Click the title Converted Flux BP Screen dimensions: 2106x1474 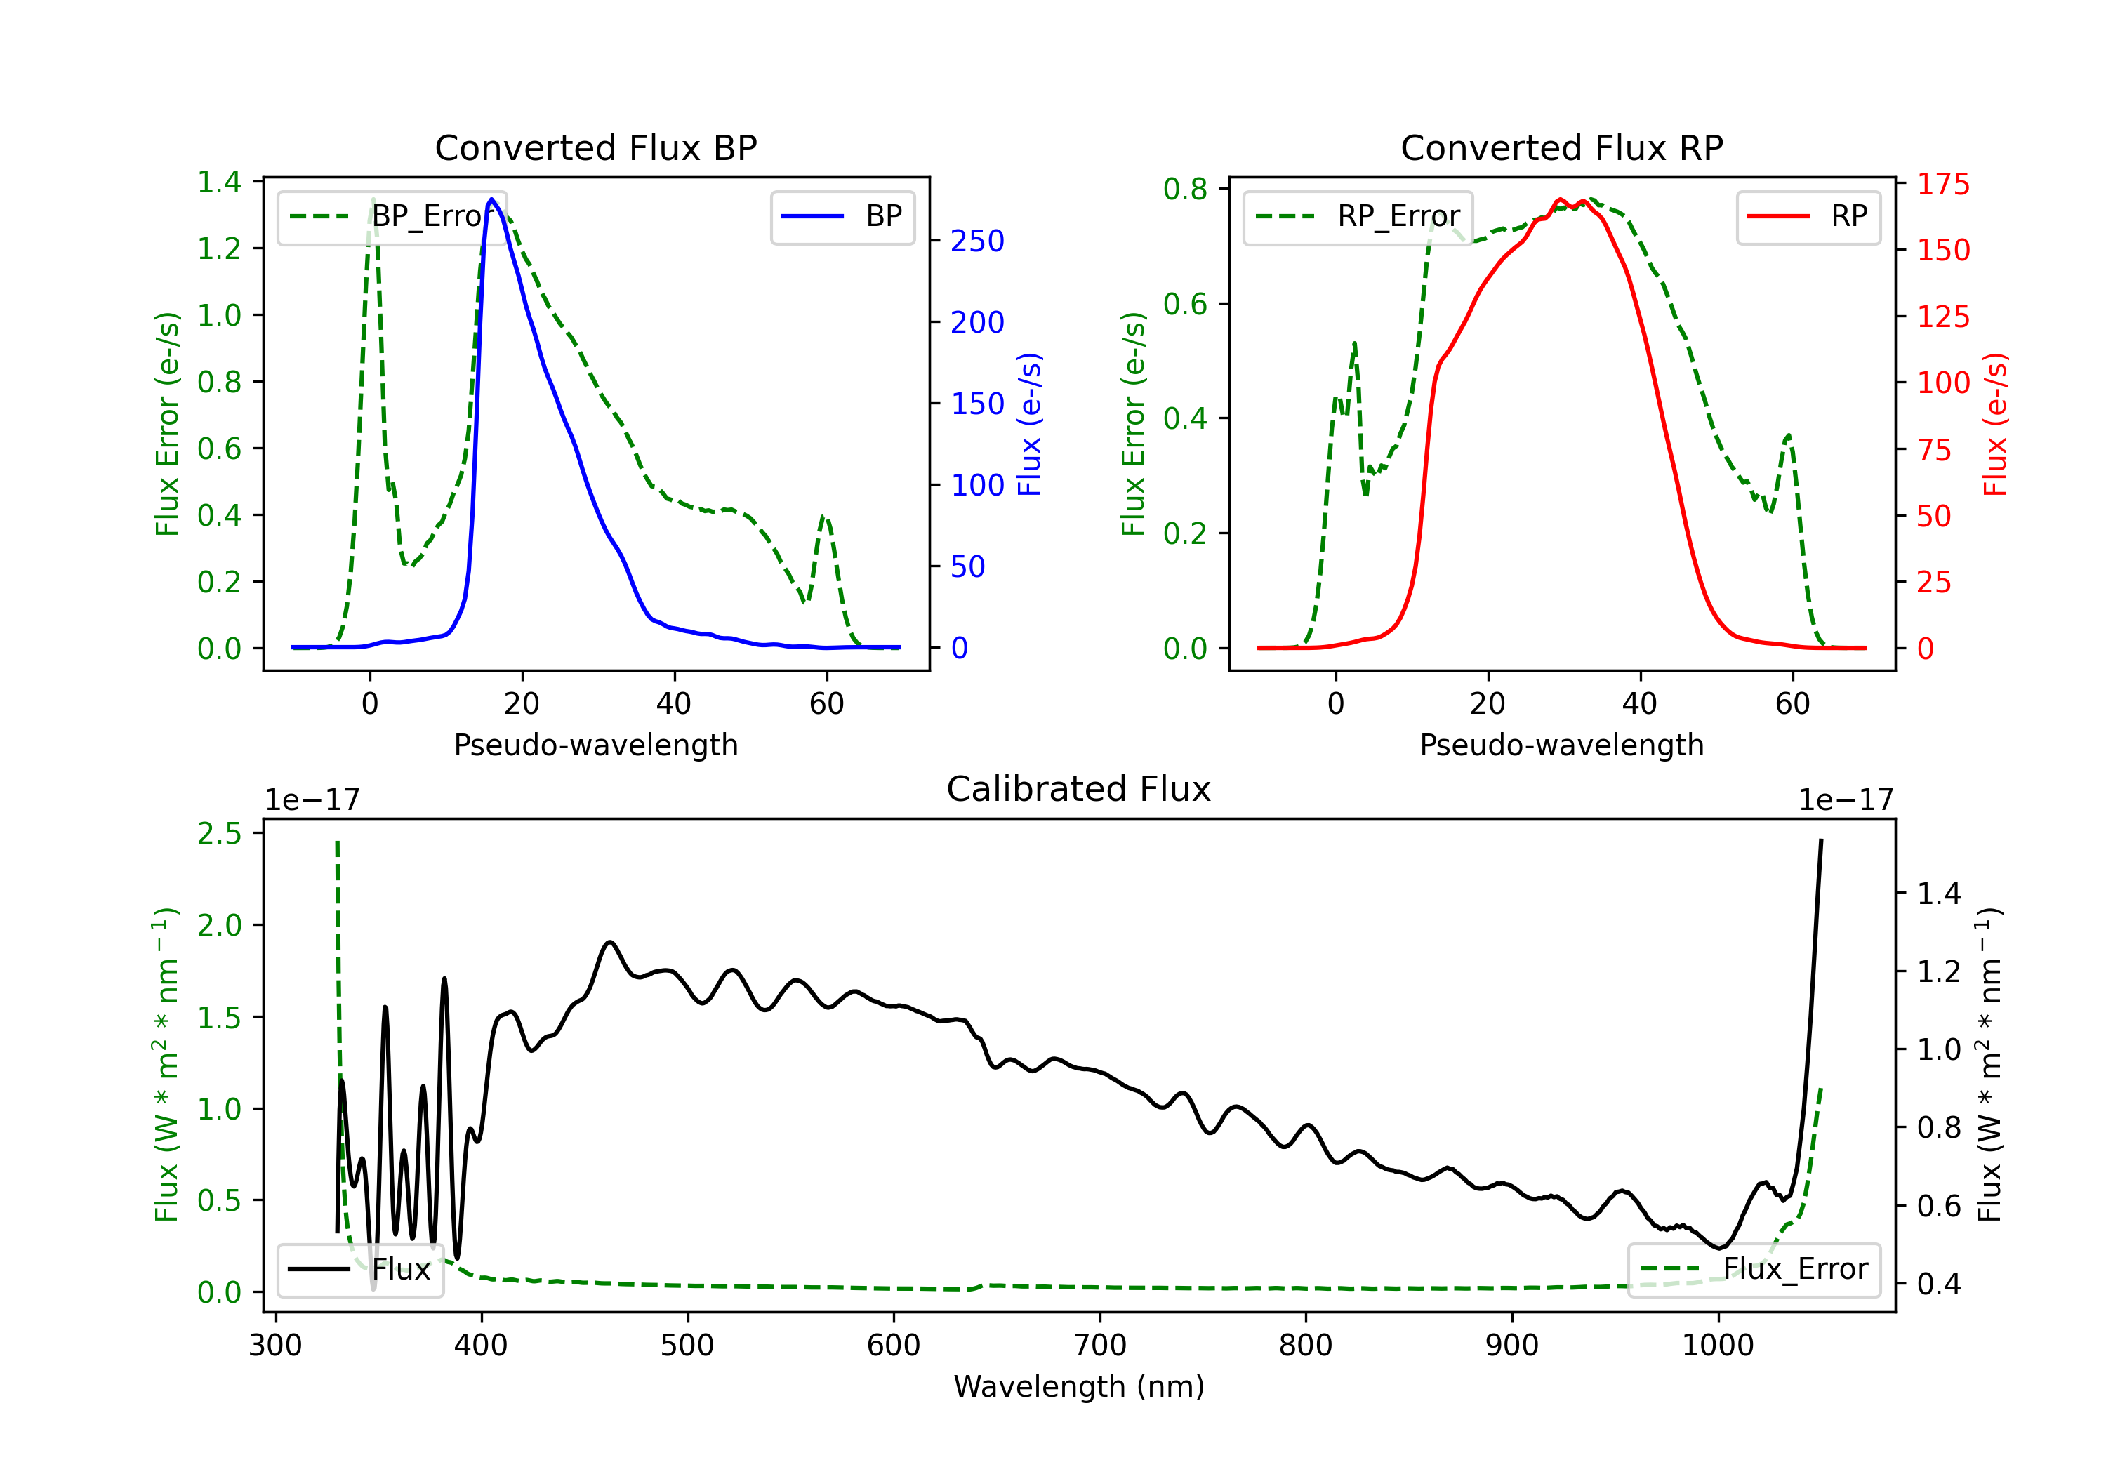[595, 147]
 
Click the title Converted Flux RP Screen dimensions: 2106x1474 [1561, 147]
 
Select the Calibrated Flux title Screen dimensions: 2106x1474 [1079, 789]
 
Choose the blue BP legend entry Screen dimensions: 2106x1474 [842, 216]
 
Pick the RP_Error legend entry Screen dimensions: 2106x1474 [1358, 216]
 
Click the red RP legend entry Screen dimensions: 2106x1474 [1808, 216]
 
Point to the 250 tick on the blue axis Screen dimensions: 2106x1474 [977, 241]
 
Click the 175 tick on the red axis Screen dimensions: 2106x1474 [1942, 185]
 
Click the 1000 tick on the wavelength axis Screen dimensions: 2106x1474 [1717, 1345]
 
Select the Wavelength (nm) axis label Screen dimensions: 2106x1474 [1079, 1386]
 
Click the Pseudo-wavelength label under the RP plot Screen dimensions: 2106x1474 [1561, 745]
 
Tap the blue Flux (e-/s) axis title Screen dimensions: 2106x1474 [1029, 424]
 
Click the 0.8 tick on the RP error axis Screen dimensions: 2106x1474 [1185, 188]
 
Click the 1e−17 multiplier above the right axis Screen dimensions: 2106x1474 [1846, 800]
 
